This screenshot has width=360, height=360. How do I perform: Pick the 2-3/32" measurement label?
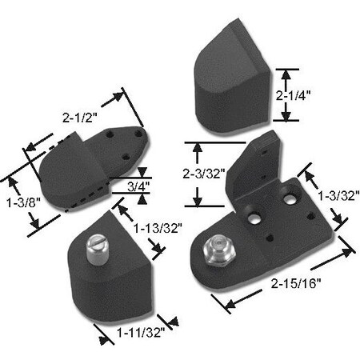tap(207, 172)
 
